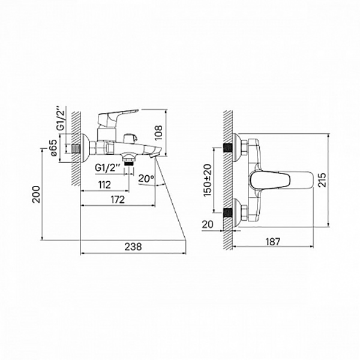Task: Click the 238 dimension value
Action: pos(133,247)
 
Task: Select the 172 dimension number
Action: pos(118,200)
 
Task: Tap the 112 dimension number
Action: pos(104,185)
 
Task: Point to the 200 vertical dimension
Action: pos(36,194)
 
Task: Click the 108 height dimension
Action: pos(158,133)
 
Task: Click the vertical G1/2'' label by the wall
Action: pos(61,120)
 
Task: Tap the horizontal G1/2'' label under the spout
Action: pos(107,168)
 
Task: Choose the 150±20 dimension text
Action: pos(208,180)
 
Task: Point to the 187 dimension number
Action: pos(273,242)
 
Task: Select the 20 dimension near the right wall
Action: pos(208,224)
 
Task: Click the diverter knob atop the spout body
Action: pos(130,139)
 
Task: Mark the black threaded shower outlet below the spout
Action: pos(129,163)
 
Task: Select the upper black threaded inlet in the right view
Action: pos(228,148)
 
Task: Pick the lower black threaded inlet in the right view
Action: pos(228,213)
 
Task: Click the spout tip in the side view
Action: pos(154,156)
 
